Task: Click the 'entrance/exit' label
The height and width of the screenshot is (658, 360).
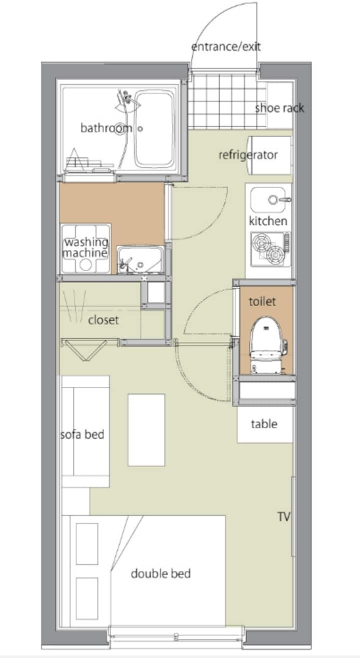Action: pos(226,47)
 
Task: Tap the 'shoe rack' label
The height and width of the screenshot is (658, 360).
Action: pos(279,108)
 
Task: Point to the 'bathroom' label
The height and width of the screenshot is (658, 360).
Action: pos(106,128)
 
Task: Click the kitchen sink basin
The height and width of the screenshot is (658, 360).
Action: pos(270,200)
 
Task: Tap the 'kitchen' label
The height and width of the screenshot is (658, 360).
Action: pos(268,221)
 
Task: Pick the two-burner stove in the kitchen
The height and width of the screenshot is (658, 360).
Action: pos(270,247)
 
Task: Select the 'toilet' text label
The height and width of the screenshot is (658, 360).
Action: pos(262,302)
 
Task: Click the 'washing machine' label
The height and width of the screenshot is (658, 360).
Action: pos(85,248)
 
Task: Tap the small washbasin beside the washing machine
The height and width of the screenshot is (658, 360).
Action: pos(140,259)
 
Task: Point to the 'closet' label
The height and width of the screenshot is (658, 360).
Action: pos(103,319)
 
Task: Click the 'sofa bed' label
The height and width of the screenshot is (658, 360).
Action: pos(82,434)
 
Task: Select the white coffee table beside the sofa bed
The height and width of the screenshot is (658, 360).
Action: pos(146,430)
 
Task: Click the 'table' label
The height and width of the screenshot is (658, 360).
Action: pos(264,424)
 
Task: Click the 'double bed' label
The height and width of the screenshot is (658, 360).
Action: pos(161,573)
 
